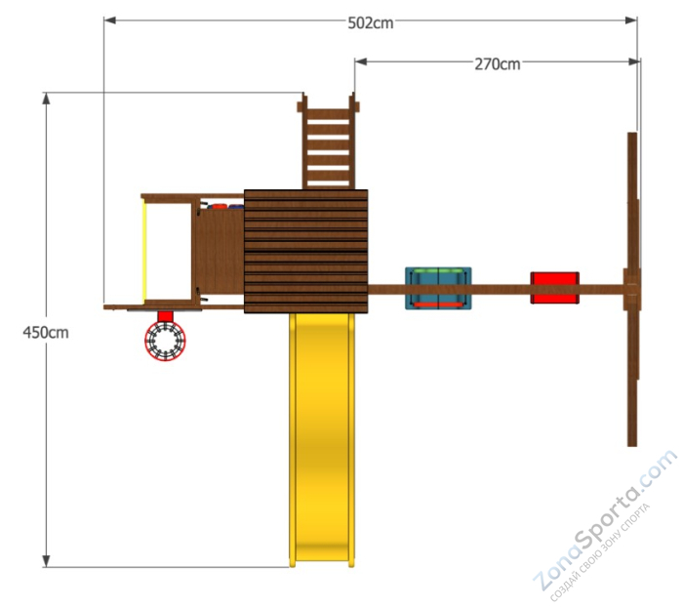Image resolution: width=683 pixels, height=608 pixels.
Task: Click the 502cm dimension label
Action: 370,22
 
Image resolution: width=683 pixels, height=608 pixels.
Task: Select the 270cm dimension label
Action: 497,64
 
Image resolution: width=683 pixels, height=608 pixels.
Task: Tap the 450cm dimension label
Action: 46,333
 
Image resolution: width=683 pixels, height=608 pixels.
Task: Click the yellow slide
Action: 322,440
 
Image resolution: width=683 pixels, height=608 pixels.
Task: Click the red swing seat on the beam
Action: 554,288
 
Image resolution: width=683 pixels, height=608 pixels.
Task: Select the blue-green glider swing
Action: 438,288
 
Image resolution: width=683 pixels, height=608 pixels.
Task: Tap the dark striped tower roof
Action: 306,252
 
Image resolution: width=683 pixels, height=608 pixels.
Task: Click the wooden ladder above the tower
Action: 328,142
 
